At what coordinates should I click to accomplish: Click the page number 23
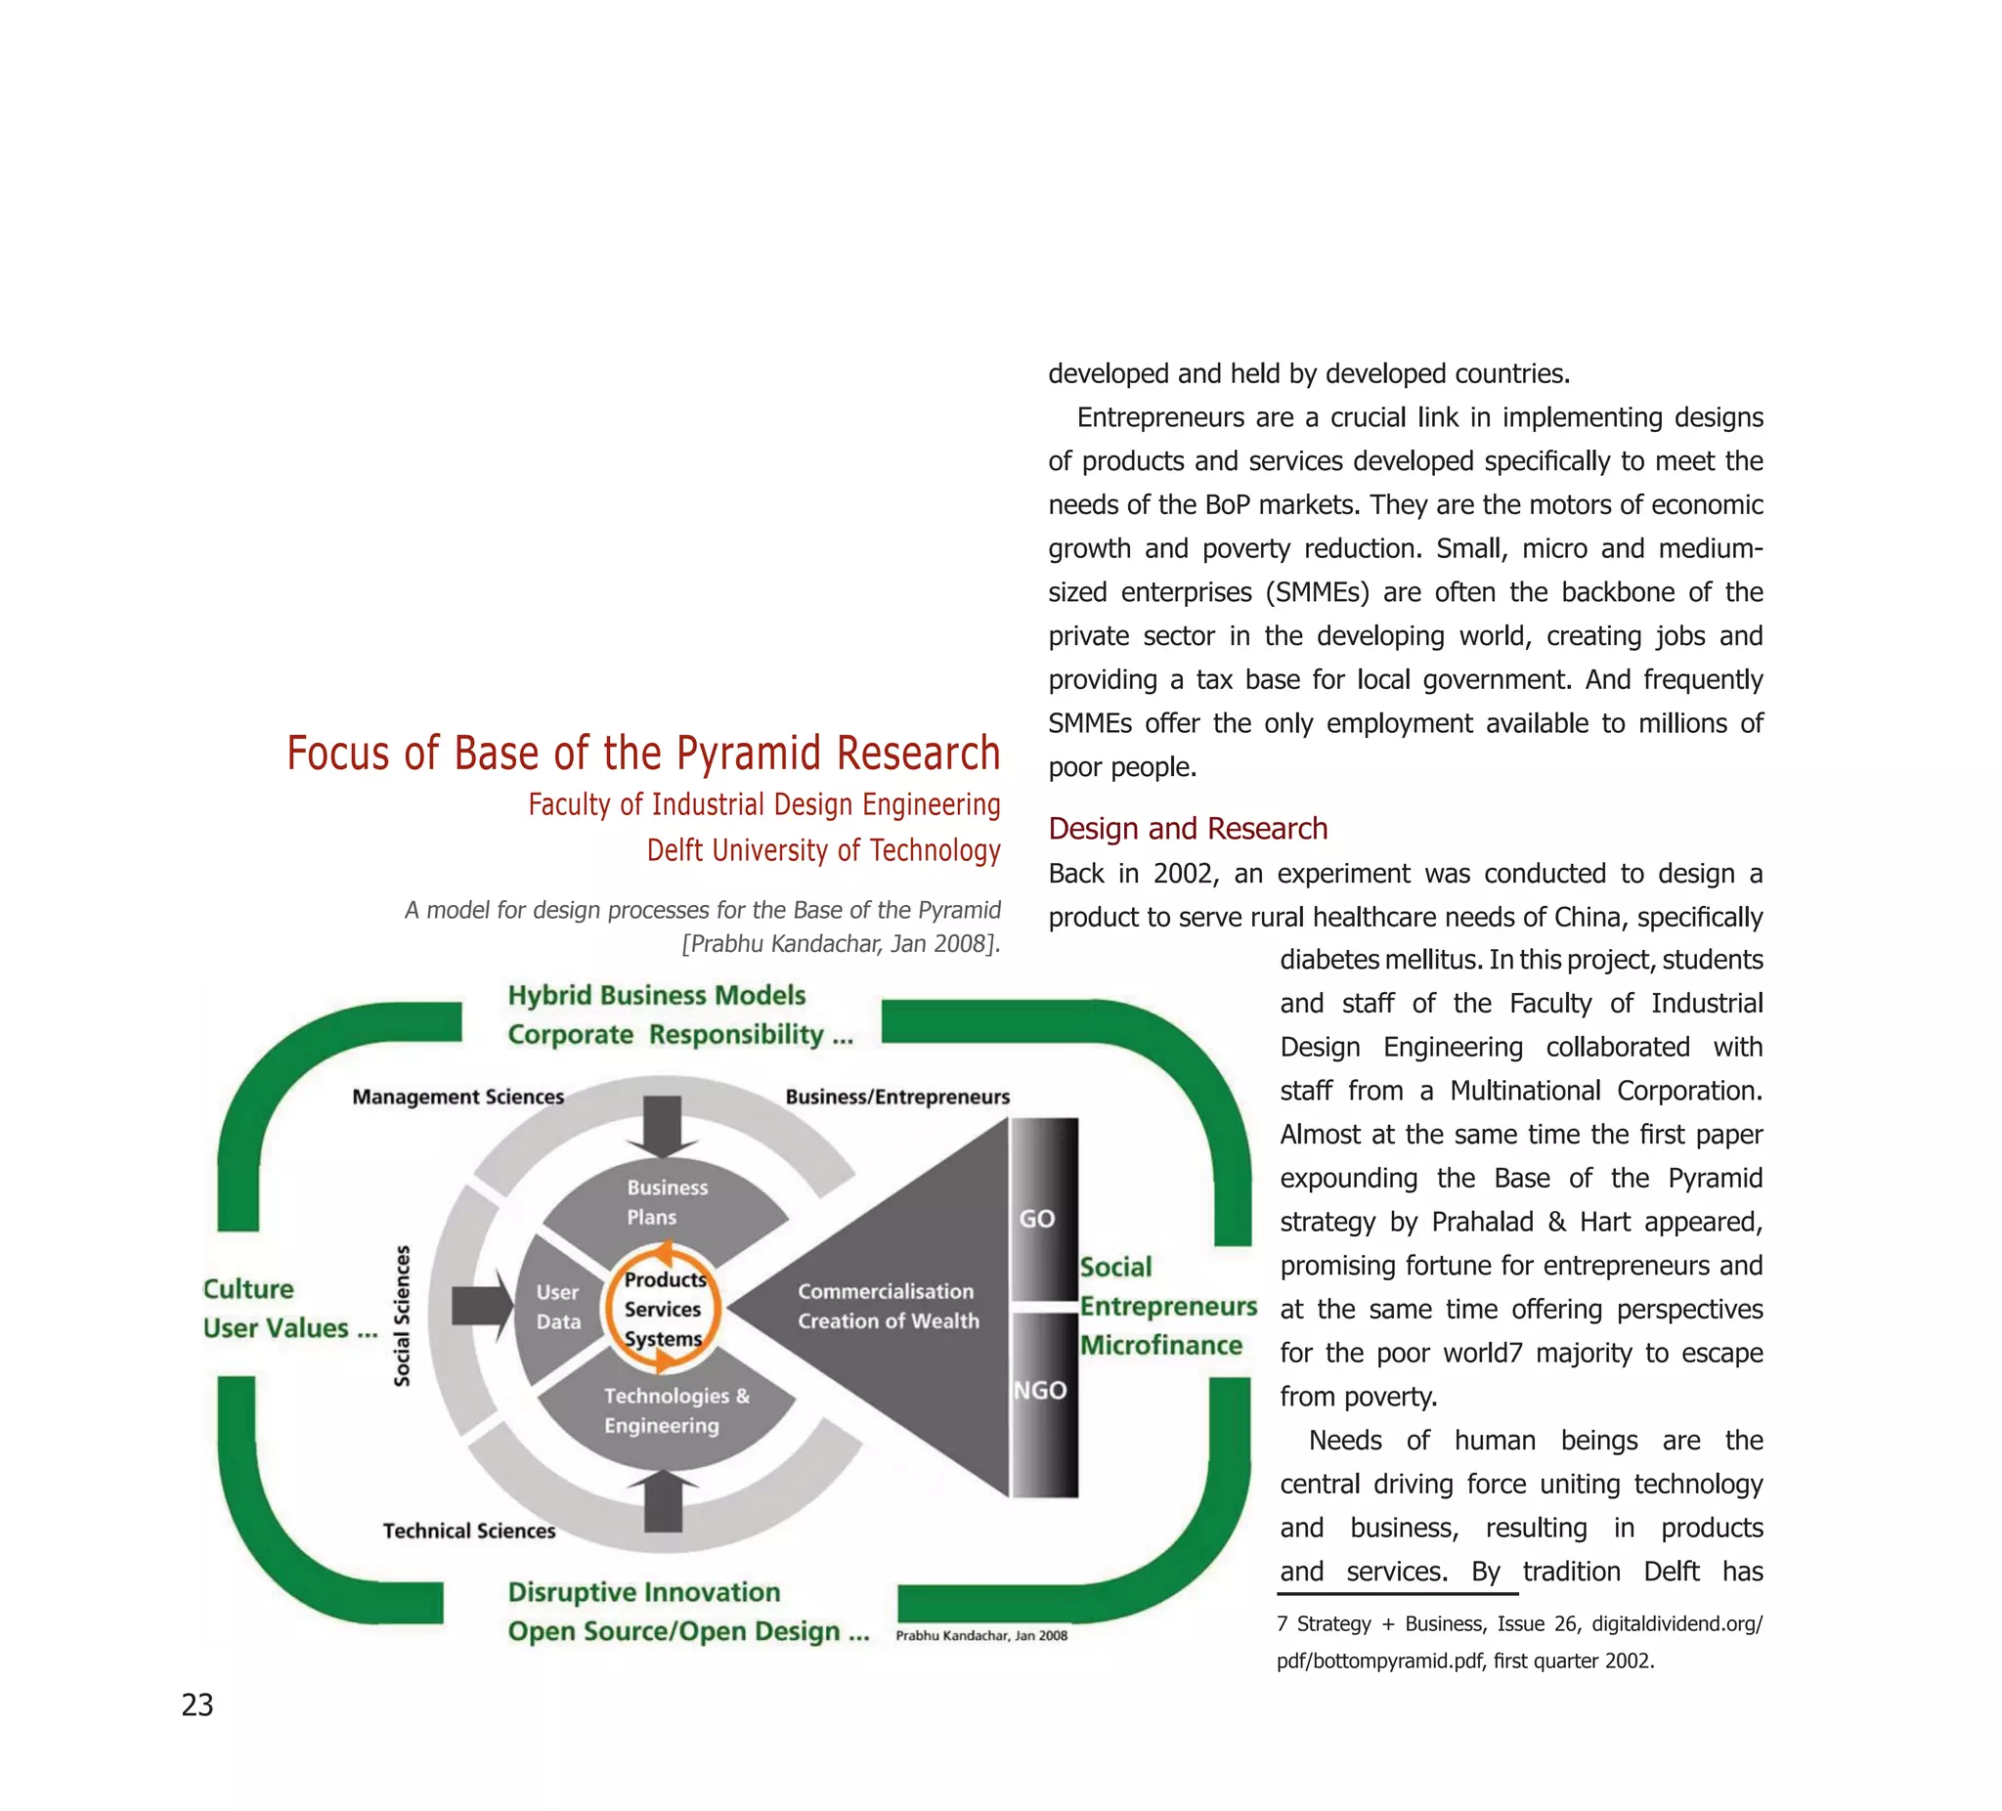point(196,1704)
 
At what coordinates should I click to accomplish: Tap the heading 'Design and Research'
point(1188,828)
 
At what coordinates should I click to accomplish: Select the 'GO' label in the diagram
point(1037,1219)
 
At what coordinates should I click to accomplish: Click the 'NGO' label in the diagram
point(1040,1390)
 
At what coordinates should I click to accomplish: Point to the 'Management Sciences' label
point(457,1097)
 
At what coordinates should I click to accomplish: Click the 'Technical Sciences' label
point(468,1531)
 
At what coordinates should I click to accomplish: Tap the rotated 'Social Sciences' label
point(402,1315)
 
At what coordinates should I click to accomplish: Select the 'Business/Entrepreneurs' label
point(896,1097)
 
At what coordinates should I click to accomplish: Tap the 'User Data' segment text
point(558,1307)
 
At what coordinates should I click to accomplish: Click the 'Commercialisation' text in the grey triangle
point(886,1291)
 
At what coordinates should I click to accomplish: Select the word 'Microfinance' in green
point(1161,1346)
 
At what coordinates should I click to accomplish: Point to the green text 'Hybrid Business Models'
point(656,995)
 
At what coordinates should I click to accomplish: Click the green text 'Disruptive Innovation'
point(643,1591)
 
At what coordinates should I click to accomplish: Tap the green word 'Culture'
point(248,1289)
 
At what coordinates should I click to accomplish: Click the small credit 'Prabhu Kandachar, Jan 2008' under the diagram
point(981,1635)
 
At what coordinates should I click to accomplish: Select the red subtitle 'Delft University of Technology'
point(823,850)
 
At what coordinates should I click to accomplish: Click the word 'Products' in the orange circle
point(665,1279)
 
